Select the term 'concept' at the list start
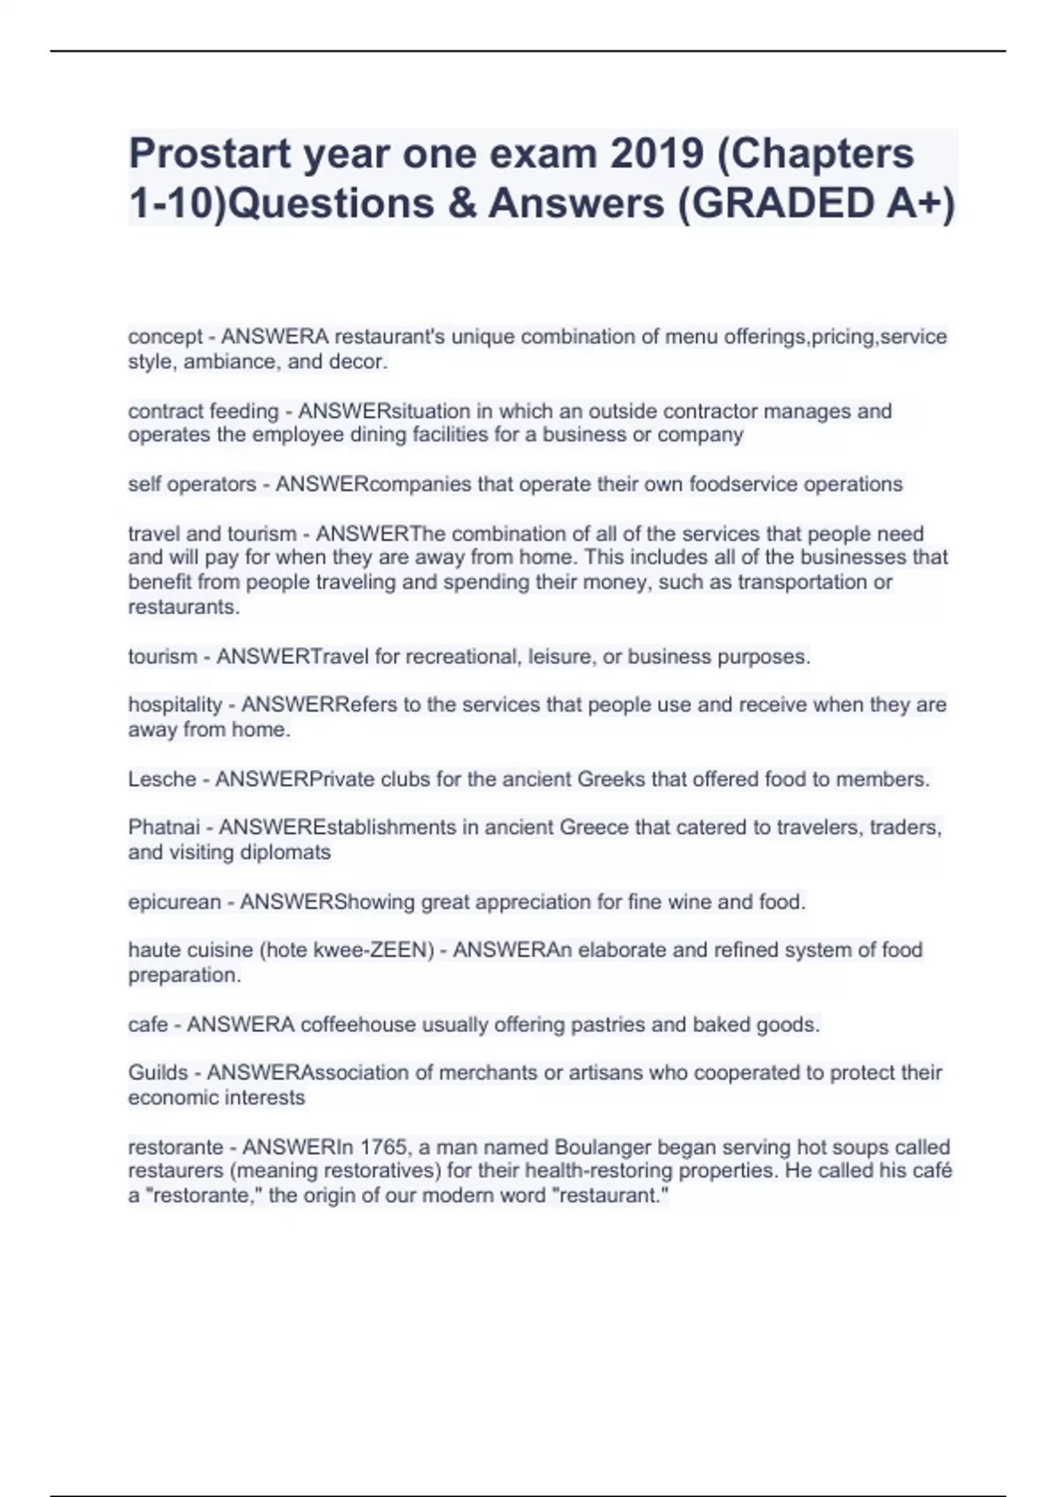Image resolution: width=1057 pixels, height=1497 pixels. pyautogui.click(x=165, y=337)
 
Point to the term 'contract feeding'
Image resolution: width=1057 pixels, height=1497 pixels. pyautogui.click(x=203, y=411)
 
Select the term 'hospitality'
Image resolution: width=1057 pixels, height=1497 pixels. pyautogui.click(x=175, y=704)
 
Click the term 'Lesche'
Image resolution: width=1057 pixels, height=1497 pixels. pyautogui.click(x=162, y=779)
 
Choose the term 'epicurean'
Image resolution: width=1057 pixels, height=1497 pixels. pyautogui.click(x=174, y=903)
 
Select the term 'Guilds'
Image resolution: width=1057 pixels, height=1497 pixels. pyautogui.click(x=158, y=1073)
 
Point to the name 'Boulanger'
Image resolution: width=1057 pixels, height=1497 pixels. pyautogui.click(x=602, y=1147)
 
